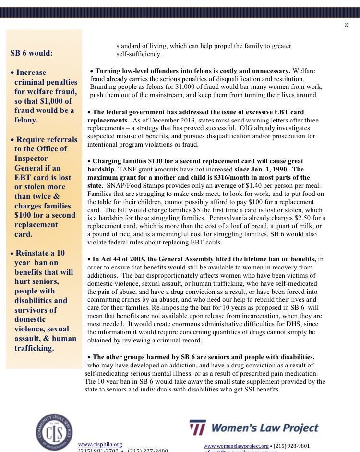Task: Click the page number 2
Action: tap(346, 25)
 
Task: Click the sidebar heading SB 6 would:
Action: tap(32, 53)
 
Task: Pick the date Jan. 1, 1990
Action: tap(265, 169)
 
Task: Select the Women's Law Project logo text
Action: tap(265, 427)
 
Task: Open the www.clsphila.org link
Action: tap(100, 444)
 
